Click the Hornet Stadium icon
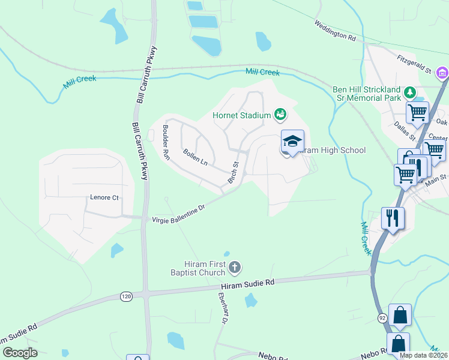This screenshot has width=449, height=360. [x=280, y=114]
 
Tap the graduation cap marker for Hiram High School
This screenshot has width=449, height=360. [x=292, y=142]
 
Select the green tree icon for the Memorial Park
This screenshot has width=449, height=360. [x=409, y=92]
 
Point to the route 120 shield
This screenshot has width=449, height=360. [x=125, y=296]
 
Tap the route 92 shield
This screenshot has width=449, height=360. [x=382, y=317]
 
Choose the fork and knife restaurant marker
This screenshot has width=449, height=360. [x=393, y=217]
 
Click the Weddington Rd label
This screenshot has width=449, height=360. [x=335, y=31]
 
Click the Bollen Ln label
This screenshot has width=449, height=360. [x=195, y=158]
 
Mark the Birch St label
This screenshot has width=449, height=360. [x=234, y=172]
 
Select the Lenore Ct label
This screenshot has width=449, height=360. [x=104, y=197]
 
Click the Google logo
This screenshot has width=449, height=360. [x=20, y=352]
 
